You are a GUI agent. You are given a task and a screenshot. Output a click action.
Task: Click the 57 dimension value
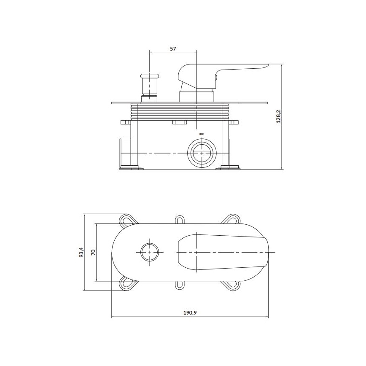pyautogui.click(x=173, y=48)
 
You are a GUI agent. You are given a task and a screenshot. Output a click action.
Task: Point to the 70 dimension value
pyautogui.click(x=93, y=252)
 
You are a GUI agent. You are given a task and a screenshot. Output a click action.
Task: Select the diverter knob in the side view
pyautogui.click(x=149, y=84)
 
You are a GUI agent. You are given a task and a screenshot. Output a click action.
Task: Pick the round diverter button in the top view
pyautogui.click(x=150, y=252)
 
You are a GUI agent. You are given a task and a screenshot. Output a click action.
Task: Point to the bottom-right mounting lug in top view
pyautogui.click(x=231, y=284)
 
